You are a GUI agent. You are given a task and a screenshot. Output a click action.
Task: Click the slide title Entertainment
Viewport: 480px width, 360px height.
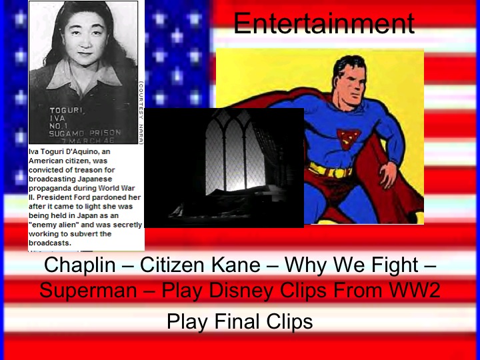click(324, 24)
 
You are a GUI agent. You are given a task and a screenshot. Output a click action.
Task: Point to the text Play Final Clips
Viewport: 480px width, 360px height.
click(239, 322)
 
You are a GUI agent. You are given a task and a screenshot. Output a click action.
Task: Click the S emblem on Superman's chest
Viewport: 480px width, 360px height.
click(349, 137)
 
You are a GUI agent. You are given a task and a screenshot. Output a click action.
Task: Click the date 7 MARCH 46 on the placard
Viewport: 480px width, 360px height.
click(101, 141)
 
